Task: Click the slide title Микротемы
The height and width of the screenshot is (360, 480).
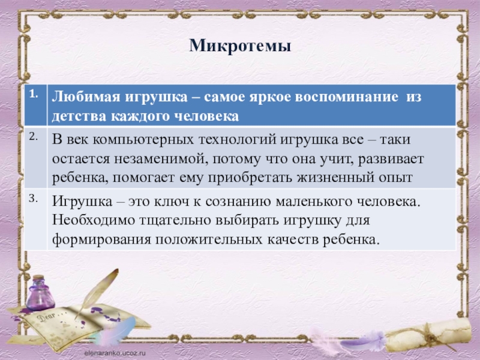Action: coord(240,46)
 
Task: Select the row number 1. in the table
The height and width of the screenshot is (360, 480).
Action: coord(32,94)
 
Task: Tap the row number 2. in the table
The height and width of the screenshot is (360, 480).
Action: coord(32,137)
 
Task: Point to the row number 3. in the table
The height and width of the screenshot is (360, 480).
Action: coord(32,198)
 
